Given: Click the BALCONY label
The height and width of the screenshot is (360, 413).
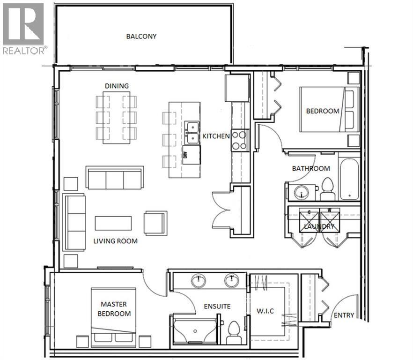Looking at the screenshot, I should (141, 36).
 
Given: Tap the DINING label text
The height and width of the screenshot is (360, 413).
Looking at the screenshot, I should (117, 85).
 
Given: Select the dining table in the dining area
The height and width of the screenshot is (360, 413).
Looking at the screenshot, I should (117, 118).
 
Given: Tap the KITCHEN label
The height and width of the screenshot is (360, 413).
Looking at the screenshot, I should (216, 136).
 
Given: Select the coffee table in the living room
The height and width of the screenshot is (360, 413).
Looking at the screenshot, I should (113, 223).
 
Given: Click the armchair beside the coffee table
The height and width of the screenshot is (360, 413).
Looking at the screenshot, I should (155, 223).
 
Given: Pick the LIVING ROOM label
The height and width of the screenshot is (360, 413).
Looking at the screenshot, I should (115, 241).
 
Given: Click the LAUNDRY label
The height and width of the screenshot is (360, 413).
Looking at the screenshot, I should (319, 226).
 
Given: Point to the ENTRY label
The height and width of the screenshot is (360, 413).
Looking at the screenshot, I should (344, 315).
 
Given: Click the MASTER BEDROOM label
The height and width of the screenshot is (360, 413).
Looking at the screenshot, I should (114, 309).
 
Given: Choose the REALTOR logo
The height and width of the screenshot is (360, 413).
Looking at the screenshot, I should (23, 29).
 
